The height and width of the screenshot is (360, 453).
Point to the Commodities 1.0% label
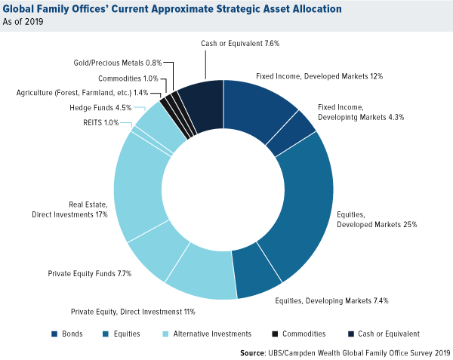click(x=128, y=78)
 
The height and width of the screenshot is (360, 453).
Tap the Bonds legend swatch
click(x=54, y=333)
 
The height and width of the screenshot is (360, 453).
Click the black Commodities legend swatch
click(x=275, y=333)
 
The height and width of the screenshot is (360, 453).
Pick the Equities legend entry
click(x=125, y=333)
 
